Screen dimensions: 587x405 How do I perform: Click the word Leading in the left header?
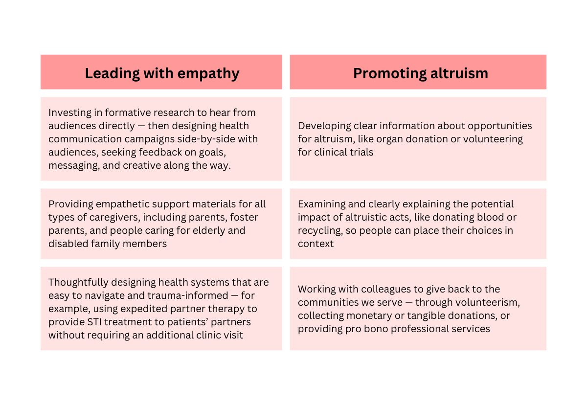pyautogui.click(x=112, y=73)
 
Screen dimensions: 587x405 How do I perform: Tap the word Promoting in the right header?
pyautogui.click(x=390, y=73)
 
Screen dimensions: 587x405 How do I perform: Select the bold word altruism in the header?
pyautogui.click(x=459, y=73)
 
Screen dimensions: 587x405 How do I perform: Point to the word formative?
pyautogui.click(x=128, y=112)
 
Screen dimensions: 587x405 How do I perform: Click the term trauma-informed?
pyautogui.click(x=188, y=296)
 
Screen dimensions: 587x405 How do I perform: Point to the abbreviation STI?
pyautogui.click(x=94, y=322)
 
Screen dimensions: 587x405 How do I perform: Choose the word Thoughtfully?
pyautogui.click(x=78, y=283)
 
